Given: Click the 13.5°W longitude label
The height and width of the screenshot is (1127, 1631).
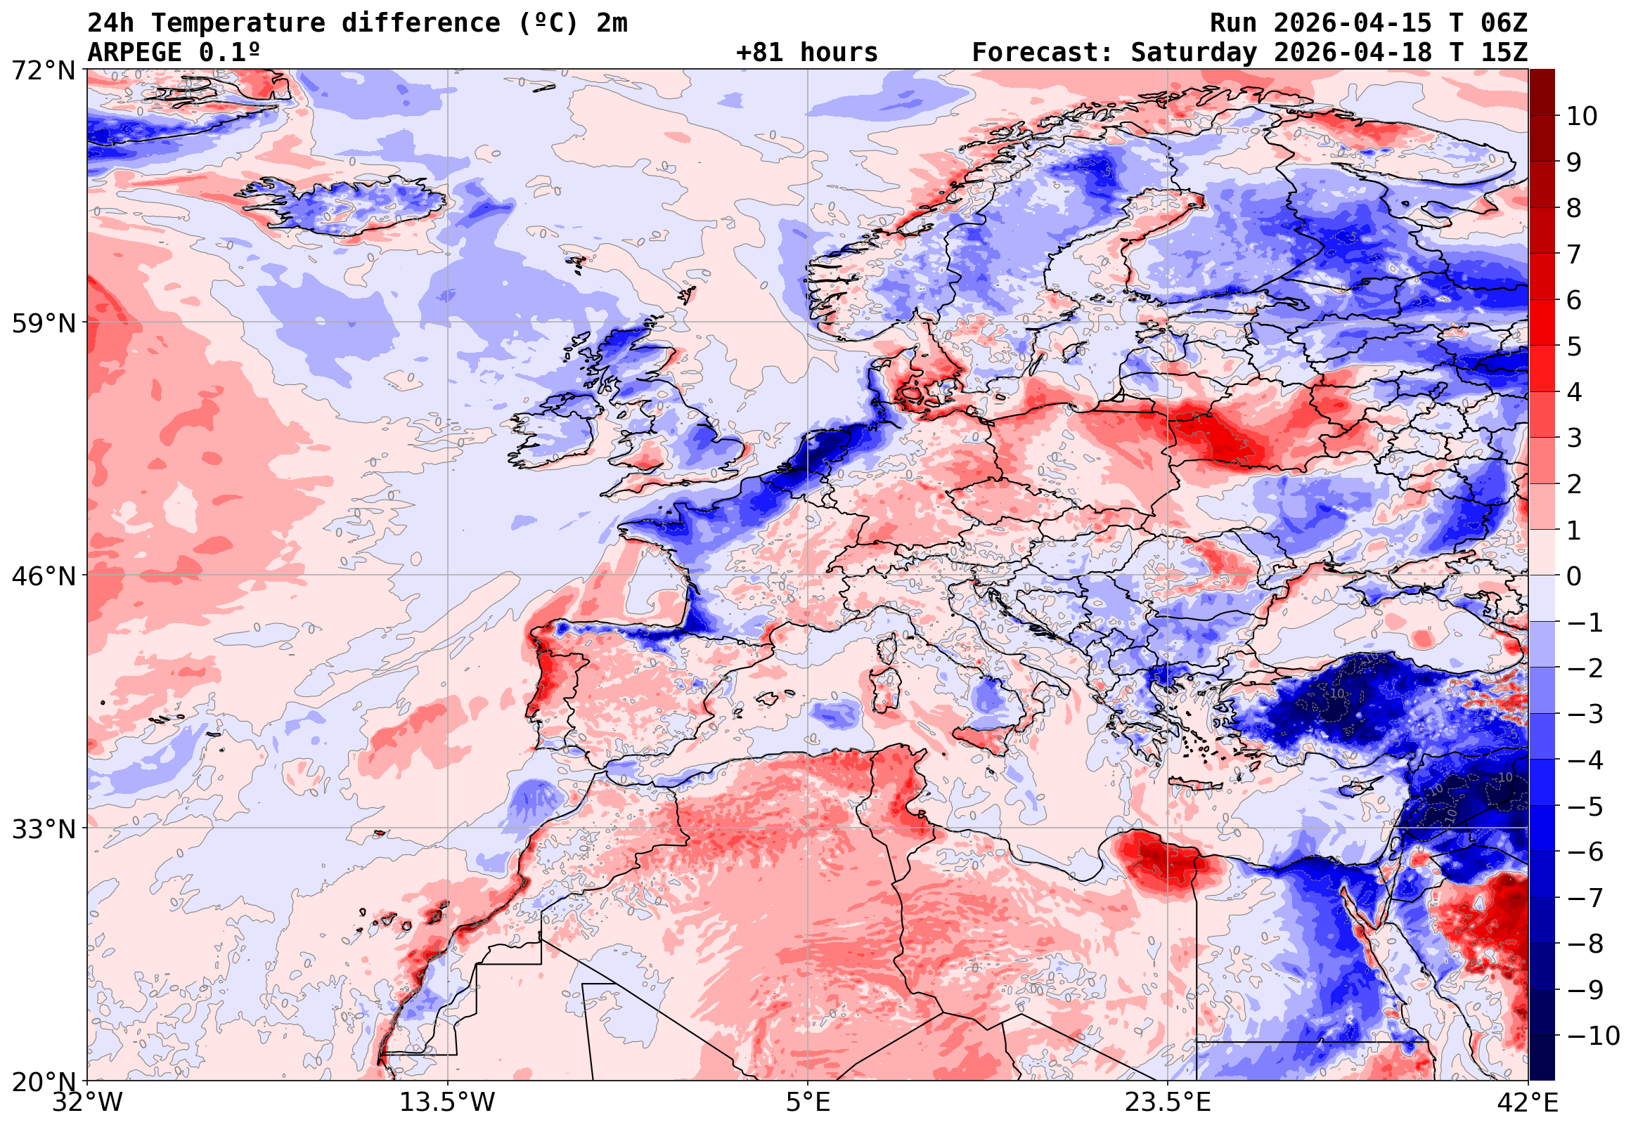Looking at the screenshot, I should [x=448, y=1102].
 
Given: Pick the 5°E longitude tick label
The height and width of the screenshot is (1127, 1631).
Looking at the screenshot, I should [x=808, y=1102].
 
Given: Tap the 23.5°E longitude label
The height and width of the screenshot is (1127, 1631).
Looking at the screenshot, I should [x=1168, y=1102].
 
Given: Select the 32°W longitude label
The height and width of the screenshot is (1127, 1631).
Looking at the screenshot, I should [x=88, y=1102].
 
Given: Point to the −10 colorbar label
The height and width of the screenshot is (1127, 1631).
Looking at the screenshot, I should [x=1593, y=1036].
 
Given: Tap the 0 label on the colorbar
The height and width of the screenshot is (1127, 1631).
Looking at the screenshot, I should [x=1574, y=576].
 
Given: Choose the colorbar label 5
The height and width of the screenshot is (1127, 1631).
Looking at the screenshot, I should [x=1574, y=346].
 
